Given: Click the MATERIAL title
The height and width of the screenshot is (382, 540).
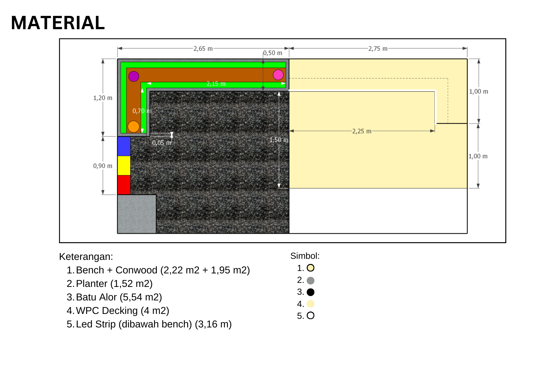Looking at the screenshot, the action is click(58, 23).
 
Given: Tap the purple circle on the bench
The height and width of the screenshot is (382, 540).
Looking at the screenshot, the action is click(134, 76).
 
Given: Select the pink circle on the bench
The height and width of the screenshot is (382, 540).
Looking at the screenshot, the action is click(278, 75).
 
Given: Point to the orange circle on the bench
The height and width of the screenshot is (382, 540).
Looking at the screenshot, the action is click(133, 126).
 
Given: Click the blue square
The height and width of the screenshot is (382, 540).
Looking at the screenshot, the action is click(124, 146).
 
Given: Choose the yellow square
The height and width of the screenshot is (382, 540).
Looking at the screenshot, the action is click(124, 166).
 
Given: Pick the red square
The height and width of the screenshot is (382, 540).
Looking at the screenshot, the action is click(124, 185).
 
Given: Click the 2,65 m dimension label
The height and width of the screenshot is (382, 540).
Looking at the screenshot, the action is click(203, 49).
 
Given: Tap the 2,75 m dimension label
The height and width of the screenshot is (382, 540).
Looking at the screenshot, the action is click(378, 49).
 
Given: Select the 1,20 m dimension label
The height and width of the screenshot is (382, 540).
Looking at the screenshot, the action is click(103, 98).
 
